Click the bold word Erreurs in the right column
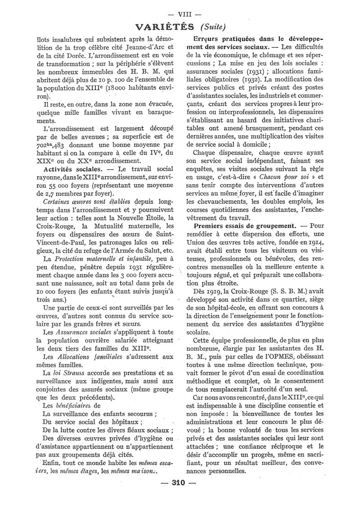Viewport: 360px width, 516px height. (207, 39)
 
